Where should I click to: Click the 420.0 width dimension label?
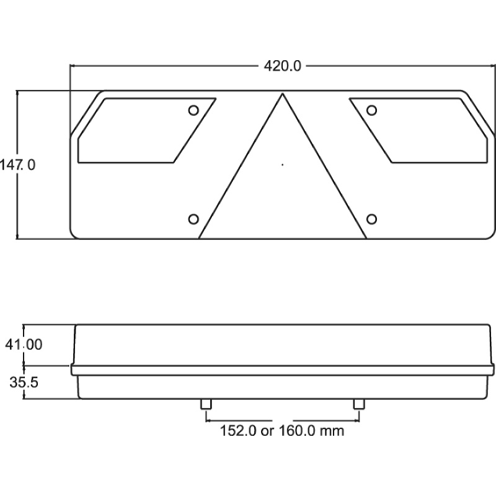click(x=283, y=66)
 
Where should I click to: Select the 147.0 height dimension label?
click(x=17, y=165)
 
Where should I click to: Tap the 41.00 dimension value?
click(x=24, y=345)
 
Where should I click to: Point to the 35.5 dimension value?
click(x=24, y=383)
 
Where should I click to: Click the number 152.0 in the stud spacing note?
click(x=238, y=430)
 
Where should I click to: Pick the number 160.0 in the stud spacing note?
click(x=298, y=430)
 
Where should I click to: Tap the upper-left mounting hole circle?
click(x=193, y=110)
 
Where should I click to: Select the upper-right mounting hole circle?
click(x=371, y=110)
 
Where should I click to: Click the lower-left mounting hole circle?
click(x=193, y=219)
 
